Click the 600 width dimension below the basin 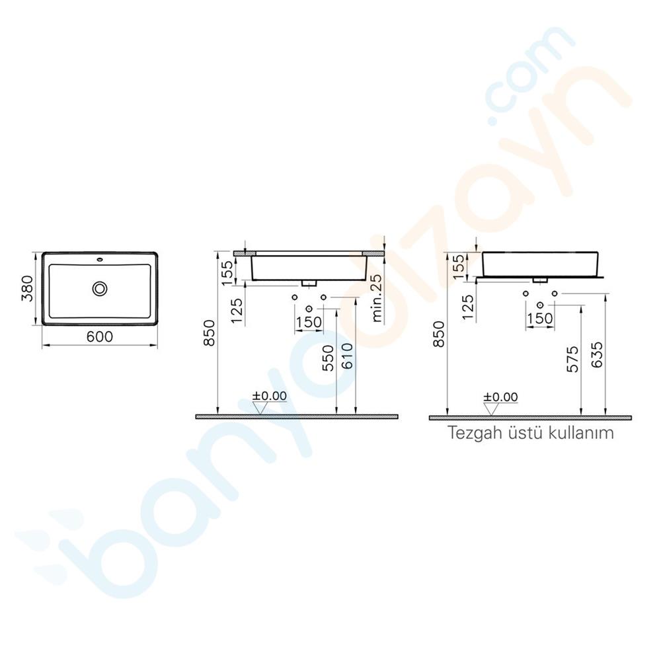pyautogui.click(x=99, y=336)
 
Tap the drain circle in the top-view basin pyautogui.click(x=100, y=288)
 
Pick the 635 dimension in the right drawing pyautogui.click(x=598, y=359)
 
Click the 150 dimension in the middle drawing pyautogui.click(x=309, y=322)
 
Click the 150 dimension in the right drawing pyautogui.click(x=540, y=318)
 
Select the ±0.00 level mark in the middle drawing pyautogui.click(x=268, y=396)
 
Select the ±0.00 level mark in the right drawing pyautogui.click(x=500, y=397)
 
